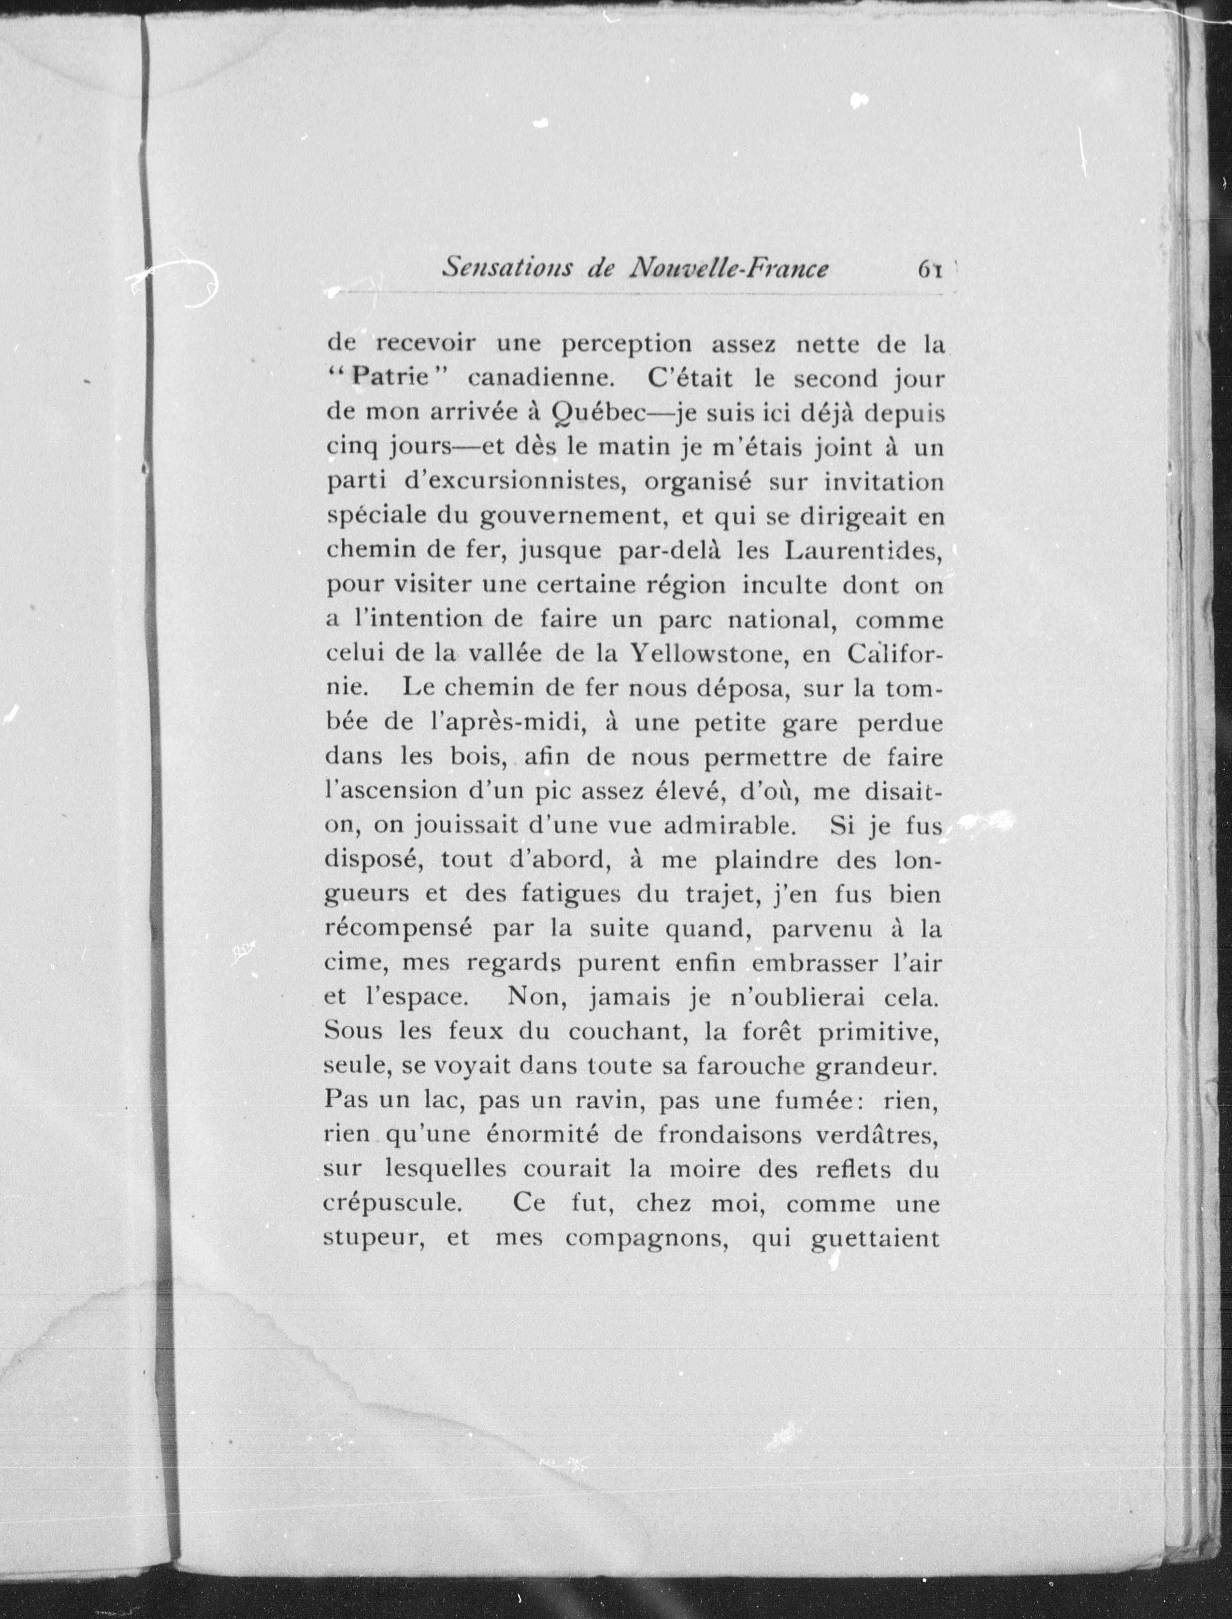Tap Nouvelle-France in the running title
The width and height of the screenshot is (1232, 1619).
(729, 268)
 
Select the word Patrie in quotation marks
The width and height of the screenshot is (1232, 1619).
(389, 379)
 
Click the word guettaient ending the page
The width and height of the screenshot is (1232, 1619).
(874, 1239)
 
